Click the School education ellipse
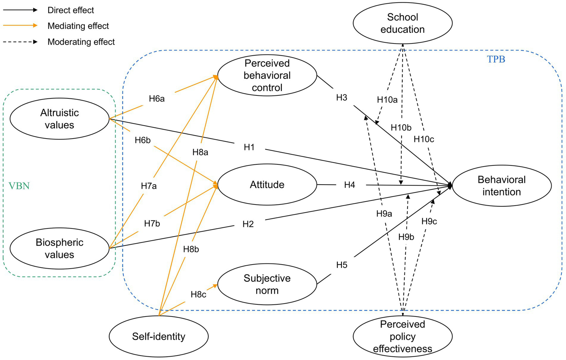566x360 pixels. pyautogui.click(x=402, y=23)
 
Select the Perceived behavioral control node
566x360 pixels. pyautogui.click(x=267, y=76)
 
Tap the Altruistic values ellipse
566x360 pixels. pyautogui.click(x=59, y=119)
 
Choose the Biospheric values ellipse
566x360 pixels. pyautogui.click(x=59, y=248)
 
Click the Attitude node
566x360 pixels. pyautogui.click(x=267, y=185)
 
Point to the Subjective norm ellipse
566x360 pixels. pyautogui.click(x=267, y=284)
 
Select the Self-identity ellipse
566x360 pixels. pyautogui.click(x=159, y=336)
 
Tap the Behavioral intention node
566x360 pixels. pyautogui.click(x=501, y=186)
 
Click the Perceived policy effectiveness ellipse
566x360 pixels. pyautogui.click(x=402, y=336)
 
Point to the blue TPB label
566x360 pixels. pyautogui.click(x=496, y=59)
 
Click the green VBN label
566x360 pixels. pyautogui.click(x=19, y=186)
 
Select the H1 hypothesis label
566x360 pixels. pyautogui.click(x=249, y=147)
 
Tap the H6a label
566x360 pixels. pyautogui.click(x=157, y=99)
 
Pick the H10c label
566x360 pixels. pyautogui.click(x=424, y=139)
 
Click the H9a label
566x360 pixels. pyautogui.click(x=384, y=214)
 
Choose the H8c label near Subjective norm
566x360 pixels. pyautogui.click(x=198, y=294)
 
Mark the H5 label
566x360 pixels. pyautogui.click(x=342, y=265)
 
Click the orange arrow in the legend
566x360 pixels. pyautogui.click(x=20, y=26)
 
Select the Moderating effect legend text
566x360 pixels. pyautogui.click(x=81, y=42)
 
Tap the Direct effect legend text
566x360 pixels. pyautogui.click(x=71, y=10)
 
